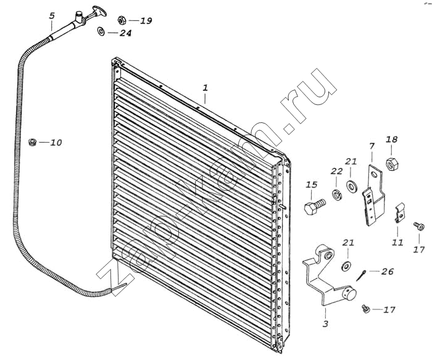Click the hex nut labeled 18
[x=392, y=164]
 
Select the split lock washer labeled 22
[x=337, y=195]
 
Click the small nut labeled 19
[x=122, y=20]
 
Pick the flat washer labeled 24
[x=101, y=31]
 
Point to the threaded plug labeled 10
[x=33, y=142]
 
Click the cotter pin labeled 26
[x=360, y=275]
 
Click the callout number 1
[x=206, y=88]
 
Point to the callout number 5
[x=52, y=15]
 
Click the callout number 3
[x=326, y=324]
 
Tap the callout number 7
[x=372, y=146]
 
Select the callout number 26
[x=388, y=272]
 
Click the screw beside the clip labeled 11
[x=417, y=226]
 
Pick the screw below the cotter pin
[x=366, y=309]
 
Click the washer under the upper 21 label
[x=351, y=187]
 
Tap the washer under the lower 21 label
[x=346, y=266]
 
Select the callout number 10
[x=56, y=143]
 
